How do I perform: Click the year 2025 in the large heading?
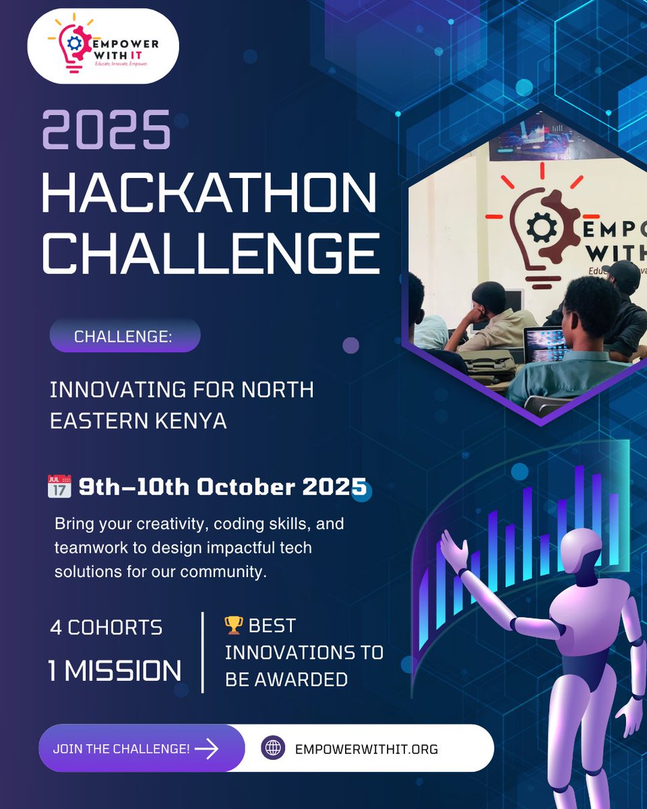106,129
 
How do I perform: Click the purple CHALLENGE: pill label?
124,336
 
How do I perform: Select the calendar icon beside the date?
59,487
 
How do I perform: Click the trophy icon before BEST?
233,626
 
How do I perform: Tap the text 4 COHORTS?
106,628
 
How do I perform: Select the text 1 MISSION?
115,671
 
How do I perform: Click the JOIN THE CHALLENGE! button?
121,748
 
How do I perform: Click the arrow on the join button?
206,748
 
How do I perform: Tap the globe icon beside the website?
273,748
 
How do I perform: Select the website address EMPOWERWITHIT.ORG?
367,749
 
